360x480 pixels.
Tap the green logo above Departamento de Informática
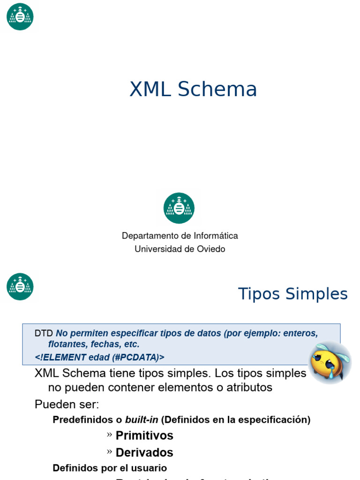coord(179,208)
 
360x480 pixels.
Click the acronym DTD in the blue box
coord(44,333)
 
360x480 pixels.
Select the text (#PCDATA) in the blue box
coord(138,357)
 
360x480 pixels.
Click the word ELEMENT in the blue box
coord(64,357)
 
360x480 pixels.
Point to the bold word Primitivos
coord(144,435)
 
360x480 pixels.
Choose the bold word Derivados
coord(144,452)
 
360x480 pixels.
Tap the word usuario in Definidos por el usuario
coord(150,468)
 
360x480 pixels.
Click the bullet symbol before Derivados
coord(109,452)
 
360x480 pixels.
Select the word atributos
coord(249,388)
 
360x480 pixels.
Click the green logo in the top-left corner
coord(20,16)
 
